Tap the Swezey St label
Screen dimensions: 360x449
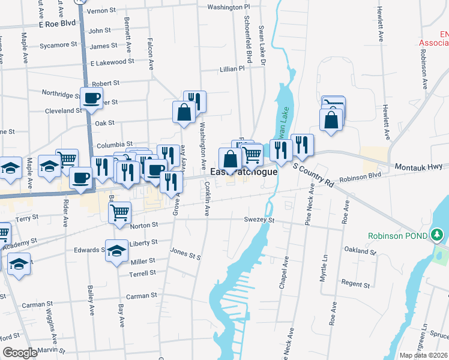(259, 220)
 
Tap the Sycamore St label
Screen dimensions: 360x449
(59, 44)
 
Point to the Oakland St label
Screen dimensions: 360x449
(360, 250)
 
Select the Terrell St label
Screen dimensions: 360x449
(142, 273)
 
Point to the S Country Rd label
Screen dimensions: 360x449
(313, 173)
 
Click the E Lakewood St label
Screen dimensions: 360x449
(112, 62)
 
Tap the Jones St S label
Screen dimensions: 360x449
(185, 254)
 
